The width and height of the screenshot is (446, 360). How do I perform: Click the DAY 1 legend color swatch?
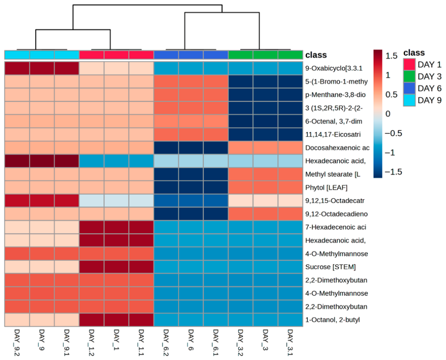[409, 64]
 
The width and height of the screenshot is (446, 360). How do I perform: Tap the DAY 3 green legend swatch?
[409, 76]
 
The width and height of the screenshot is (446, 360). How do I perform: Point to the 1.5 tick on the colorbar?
[391, 56]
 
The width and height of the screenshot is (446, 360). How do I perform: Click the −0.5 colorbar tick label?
[393, 133]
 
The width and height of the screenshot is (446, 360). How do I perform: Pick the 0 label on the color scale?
[388, 114]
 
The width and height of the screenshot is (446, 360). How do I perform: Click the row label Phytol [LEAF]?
[326, 188]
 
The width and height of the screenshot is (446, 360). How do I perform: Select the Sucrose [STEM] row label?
[331, 267]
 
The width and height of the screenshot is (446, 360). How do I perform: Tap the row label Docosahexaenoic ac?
[337, 148]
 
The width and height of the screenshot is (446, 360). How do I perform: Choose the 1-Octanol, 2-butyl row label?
[332, 320]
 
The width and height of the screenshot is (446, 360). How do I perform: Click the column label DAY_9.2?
[17, 343]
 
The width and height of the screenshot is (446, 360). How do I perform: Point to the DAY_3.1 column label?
[290, 343]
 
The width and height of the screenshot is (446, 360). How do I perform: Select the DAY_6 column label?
[191, 339]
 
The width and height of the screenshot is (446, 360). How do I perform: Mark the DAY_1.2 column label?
[92, 343]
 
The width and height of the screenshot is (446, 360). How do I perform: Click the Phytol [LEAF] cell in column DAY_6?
[191, 188]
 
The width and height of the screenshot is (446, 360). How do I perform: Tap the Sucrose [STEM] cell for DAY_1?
[116, 267]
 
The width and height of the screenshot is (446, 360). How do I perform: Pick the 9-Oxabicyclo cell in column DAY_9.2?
[17, 69]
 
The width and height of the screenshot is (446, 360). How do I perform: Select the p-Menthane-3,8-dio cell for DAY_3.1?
[290, 95]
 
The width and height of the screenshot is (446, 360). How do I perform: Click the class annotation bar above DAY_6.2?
[166, 55]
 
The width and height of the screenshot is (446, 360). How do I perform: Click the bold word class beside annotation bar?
[316, 55]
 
